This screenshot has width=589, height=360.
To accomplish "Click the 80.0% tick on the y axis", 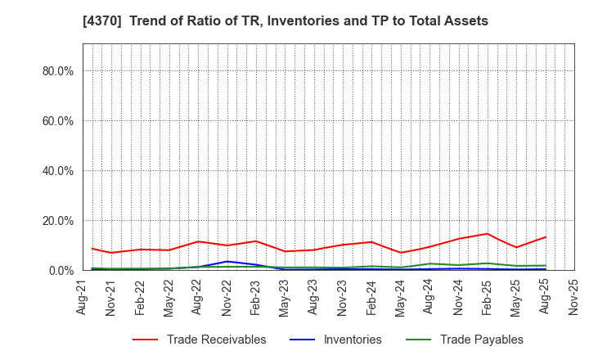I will click(57, 71).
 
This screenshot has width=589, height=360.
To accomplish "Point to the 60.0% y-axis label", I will click(57, 121).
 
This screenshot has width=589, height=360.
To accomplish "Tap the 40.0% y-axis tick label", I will click(57, 171).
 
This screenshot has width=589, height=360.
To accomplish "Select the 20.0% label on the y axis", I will click(57, 221).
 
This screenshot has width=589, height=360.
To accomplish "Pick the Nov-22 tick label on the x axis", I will click(227, 299).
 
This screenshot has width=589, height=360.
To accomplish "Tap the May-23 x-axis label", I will click(285, 299).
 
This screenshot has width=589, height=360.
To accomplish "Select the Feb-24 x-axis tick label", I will click(371, 299).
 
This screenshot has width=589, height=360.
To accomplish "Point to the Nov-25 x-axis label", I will click(574, 299).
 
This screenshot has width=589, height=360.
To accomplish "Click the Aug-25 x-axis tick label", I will click(546, 299).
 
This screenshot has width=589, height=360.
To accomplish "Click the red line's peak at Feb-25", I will click(488, 234).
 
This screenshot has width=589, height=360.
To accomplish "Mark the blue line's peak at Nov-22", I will click(227, 262).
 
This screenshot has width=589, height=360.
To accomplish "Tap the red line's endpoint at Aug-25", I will click(546, 237).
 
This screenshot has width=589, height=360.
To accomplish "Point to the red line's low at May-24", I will click(401, 252).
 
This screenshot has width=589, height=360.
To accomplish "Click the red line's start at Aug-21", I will click(92, 249).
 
